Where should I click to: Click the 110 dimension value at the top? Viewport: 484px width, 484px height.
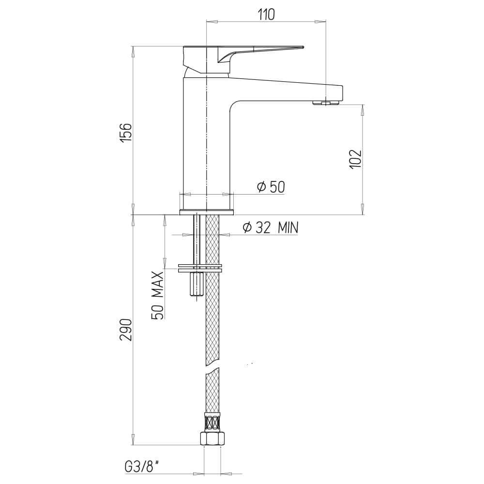(x=266, y=15)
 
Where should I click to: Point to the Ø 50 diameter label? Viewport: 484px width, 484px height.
(x=271, y=187)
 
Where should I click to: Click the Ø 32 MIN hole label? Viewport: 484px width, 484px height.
(x=270, y=228)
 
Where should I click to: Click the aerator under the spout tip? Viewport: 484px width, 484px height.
(x=327, y=102)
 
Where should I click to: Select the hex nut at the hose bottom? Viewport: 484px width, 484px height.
(x=212, y=438)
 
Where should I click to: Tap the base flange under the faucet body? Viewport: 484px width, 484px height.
(x=206, y=212)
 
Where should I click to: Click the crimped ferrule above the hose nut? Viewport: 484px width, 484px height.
(x=212, y=423)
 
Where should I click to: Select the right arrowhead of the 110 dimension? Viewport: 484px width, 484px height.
(x=320, y=21)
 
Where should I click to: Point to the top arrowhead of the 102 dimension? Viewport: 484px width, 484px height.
(x=363, y=109)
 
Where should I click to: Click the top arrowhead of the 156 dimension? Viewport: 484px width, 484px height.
(x=133, y=51)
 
